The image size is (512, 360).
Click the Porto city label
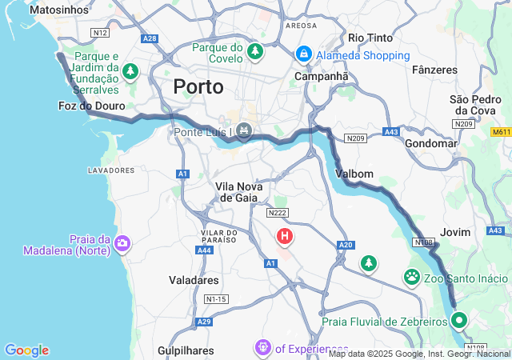pos(198,86)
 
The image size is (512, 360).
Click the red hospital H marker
pos(285,236)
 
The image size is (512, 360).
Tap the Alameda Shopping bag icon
pos(304,54)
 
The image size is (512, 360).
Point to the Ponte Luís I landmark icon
pos(245,130)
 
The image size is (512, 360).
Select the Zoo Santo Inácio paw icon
pos(412,278)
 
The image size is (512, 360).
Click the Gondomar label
pos(430,144)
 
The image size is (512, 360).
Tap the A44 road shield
pos(205,250)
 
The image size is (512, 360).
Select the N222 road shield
pos(278,213)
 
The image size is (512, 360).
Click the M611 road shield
pos(501,132)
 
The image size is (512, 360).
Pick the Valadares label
pos(194,281)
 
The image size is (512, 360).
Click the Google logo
pos(26,350)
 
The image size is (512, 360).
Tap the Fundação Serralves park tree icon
pos(131,72)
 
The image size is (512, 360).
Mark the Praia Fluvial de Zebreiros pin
pos(459,322)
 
